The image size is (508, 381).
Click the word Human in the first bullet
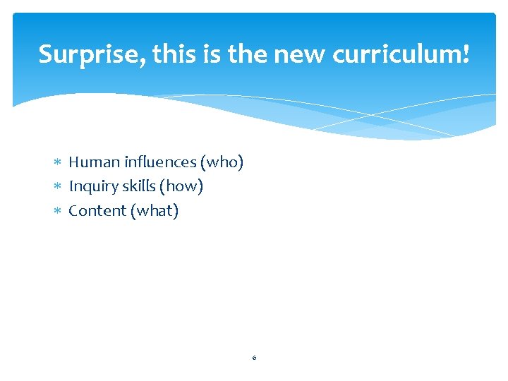click(x=94, y=162)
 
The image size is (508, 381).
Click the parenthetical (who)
click(x=222, y=162)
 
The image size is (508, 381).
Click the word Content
click(x=97, y=210)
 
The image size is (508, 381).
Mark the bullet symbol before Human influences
click(x=59, y=163)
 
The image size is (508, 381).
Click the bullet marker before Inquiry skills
click(x=59, y=187)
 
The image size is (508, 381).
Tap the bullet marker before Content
click(x=59, y=211)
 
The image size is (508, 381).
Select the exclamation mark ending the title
click(x=466, y=54)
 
